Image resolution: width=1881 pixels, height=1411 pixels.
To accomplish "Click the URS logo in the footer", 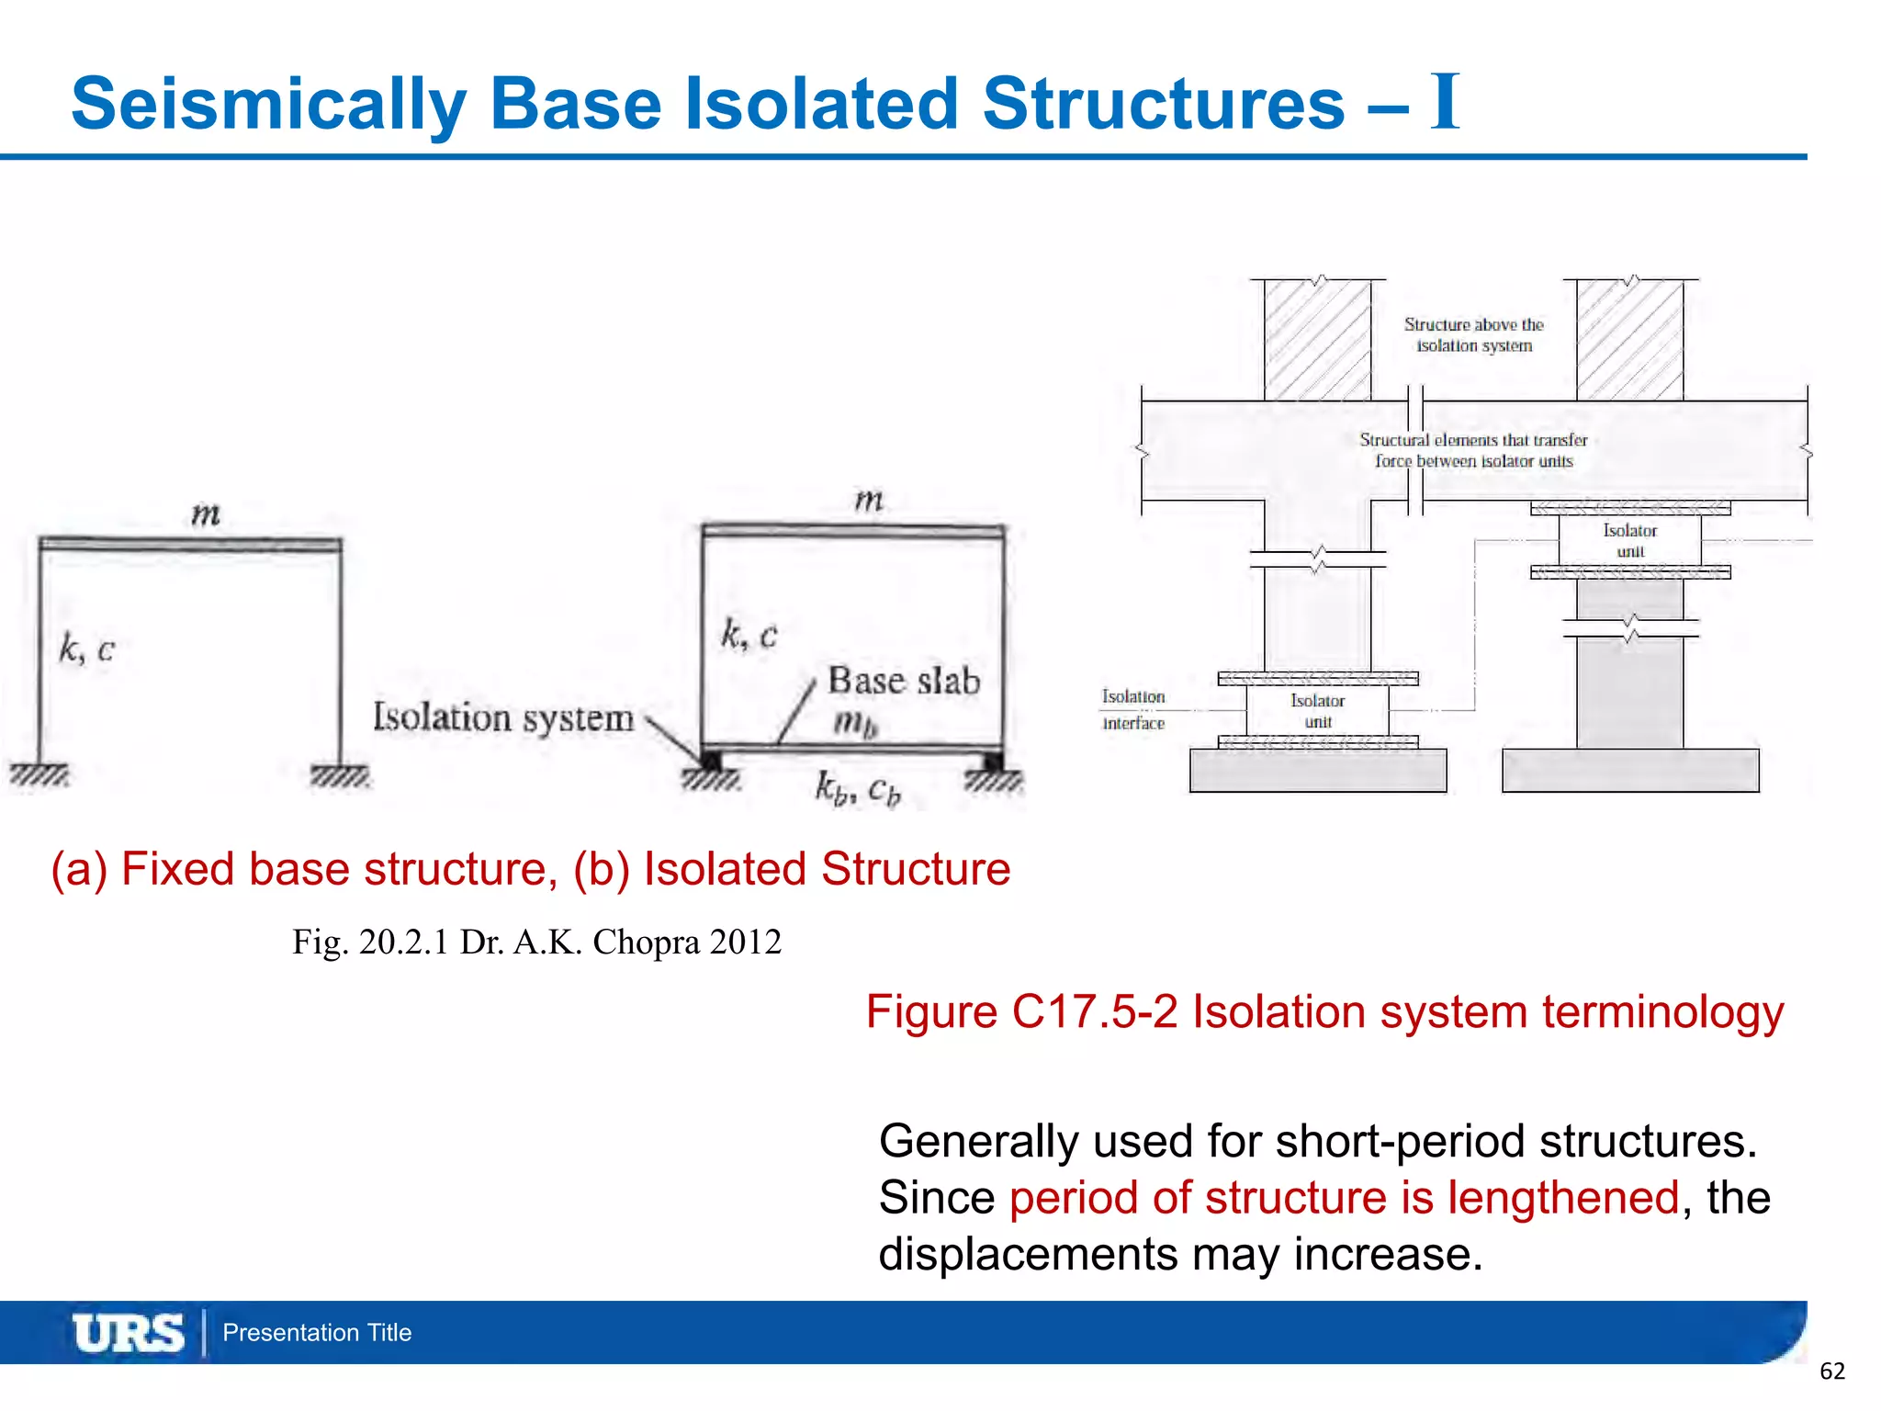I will tap(128, 1333).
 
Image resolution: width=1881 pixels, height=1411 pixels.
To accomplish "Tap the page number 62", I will tap(1831, 1371).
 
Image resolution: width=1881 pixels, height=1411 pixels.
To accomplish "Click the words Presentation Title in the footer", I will tap(317, 1333).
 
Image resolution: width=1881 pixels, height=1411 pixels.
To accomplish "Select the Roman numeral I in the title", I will tap(1445, 102).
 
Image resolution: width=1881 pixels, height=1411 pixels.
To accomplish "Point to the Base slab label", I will tap(904, 681).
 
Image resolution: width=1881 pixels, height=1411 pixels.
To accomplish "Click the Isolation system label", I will tap(503, 717).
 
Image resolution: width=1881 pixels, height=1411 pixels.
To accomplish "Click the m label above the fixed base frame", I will tap(206, 514).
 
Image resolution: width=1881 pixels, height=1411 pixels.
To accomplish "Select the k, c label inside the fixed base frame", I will tap(87, 649).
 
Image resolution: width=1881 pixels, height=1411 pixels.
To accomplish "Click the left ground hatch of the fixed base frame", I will tap(39, 776).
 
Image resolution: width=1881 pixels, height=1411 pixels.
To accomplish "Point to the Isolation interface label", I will tap(1133, 710).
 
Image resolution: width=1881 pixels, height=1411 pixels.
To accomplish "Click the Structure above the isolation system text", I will tap(1473, 335).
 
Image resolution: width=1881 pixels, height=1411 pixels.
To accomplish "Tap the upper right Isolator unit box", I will tap(1629, 540).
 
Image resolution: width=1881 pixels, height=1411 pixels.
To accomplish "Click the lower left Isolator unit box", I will tap(1317, 711).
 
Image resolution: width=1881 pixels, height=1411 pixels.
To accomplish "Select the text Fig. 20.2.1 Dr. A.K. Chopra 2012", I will tap(536, 943).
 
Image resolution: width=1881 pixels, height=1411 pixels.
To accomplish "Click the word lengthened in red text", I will tap(1563, 1198).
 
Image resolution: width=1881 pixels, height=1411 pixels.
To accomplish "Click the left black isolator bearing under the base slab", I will tap(710, 761).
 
